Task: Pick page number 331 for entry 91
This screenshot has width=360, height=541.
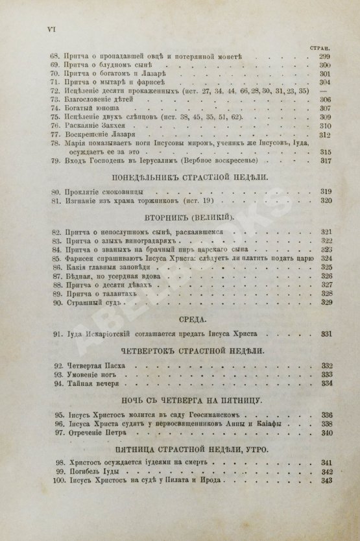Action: click(x=325, y=335)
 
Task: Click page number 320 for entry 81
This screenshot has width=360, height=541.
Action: click(x=325, y=200)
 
